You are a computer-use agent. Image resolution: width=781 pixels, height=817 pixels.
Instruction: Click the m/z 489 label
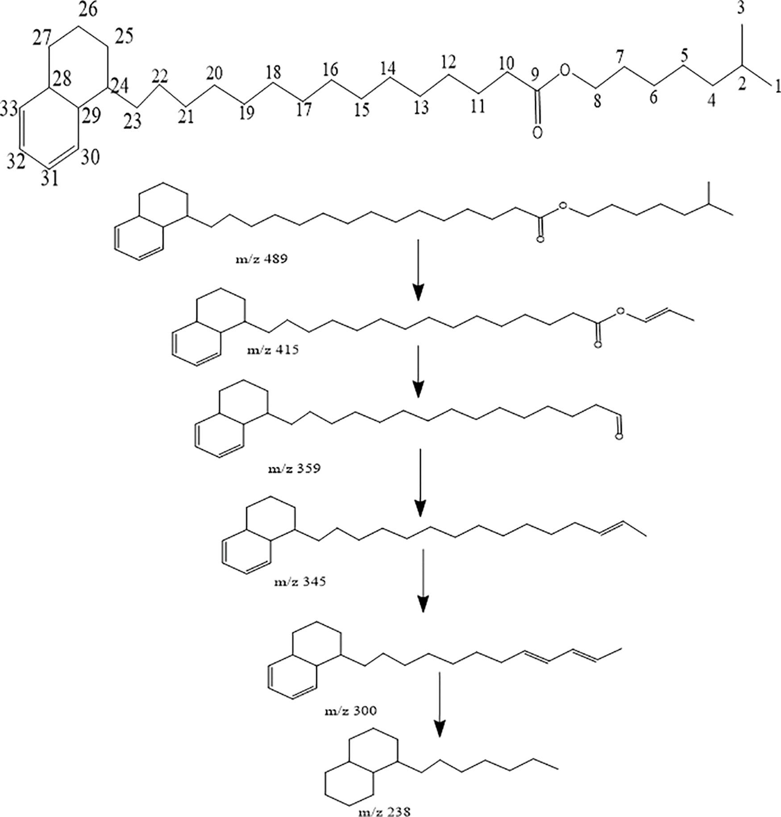tap(262, 258)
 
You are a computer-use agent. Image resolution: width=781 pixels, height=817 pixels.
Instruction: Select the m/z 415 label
tap(273, 349)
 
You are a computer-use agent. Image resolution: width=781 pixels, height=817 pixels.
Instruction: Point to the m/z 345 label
tap(300, 581)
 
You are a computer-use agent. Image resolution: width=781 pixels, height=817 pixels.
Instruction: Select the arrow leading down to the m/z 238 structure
tap(440, 705)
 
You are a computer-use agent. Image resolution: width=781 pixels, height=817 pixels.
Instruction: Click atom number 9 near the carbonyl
tap(535, 72)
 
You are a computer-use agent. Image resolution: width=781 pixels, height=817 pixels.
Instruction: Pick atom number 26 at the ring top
tap(88, 10)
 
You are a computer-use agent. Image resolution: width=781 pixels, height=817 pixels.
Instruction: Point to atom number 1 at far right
tap(777, 86)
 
